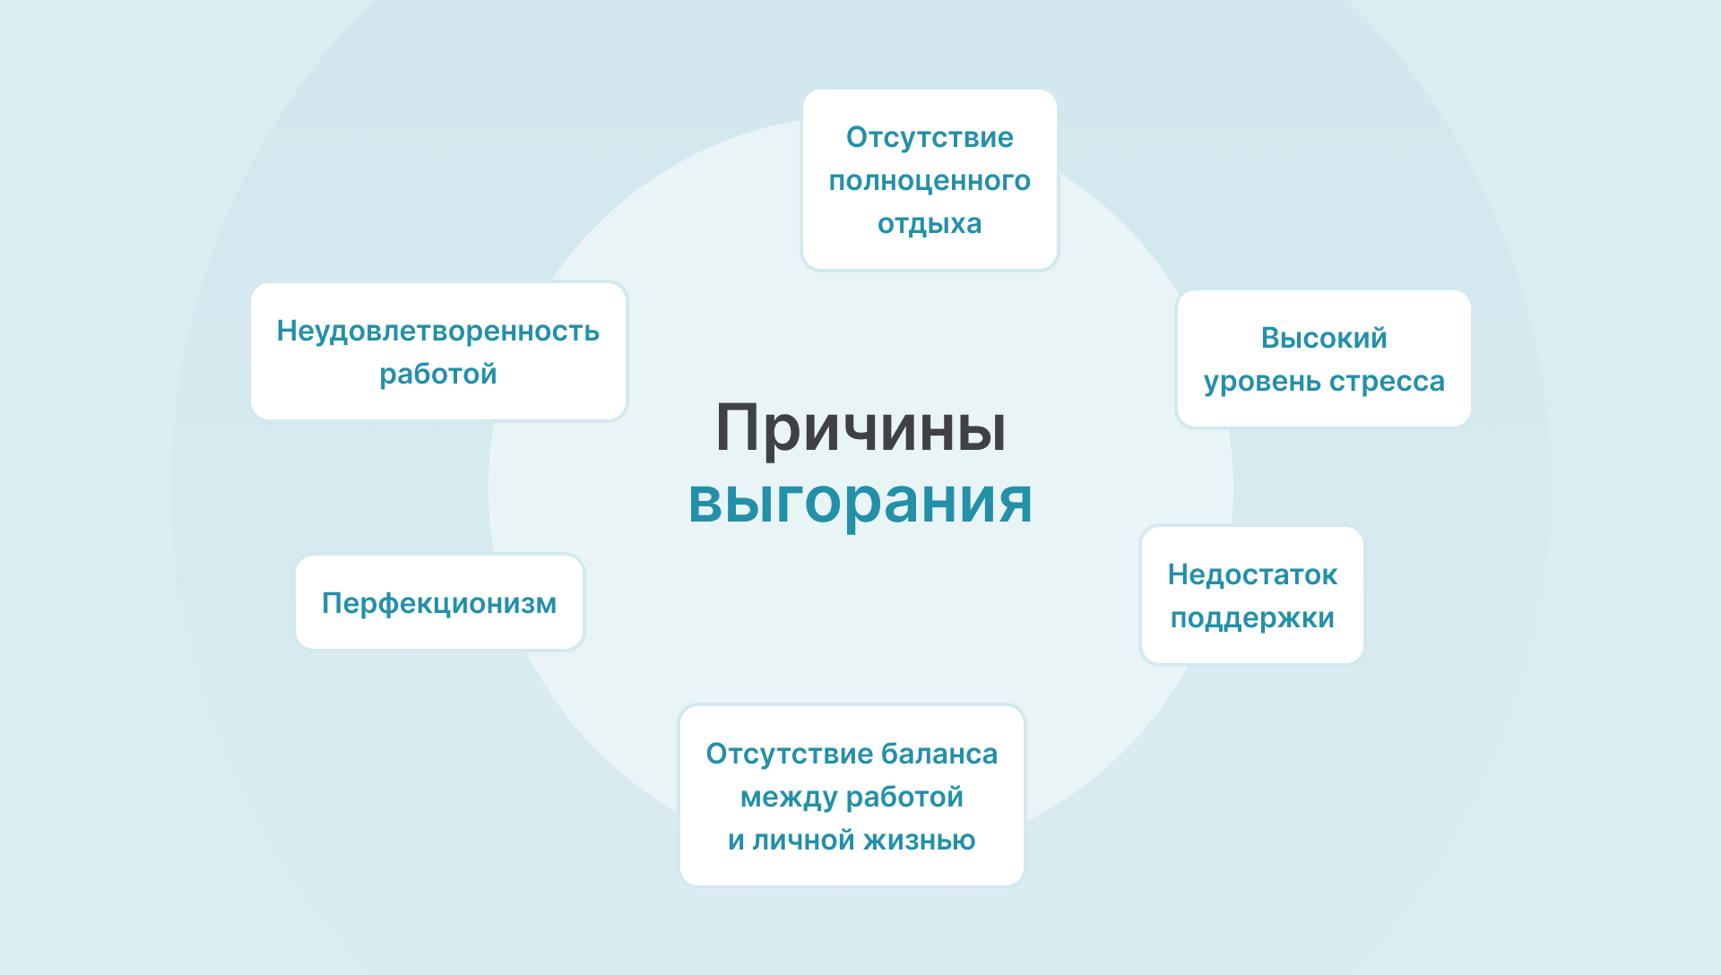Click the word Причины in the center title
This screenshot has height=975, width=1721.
pos(860,428)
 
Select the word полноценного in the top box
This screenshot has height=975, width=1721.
pos(930,181)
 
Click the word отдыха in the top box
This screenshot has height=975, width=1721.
pos(930,224)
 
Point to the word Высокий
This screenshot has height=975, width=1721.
pos(1324,338)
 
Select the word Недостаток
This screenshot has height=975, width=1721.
pos(1252,574)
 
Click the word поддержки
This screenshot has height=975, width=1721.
pos(1252,618)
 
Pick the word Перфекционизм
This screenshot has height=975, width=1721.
pos(439,603)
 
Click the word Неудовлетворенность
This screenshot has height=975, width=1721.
pos(437,331)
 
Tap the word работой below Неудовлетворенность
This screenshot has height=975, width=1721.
pos(437,374)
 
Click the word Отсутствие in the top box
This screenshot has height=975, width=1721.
pos(930,137)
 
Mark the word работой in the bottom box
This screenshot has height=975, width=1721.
pos(904,798)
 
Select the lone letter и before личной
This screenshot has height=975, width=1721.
pos(736,841)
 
